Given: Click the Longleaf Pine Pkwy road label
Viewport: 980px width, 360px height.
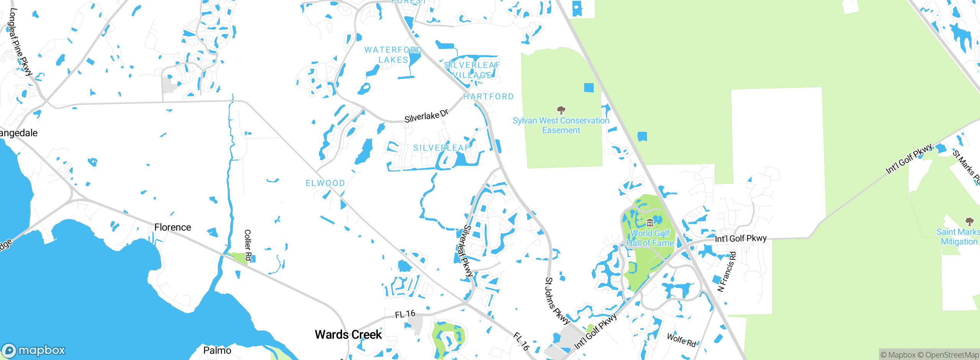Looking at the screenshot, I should tap(20, 42).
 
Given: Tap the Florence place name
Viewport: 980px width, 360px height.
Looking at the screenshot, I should tap(173, 227).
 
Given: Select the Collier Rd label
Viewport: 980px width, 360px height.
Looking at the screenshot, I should tap(248, 245).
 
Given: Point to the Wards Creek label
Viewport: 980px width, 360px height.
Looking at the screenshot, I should tap(348, 334).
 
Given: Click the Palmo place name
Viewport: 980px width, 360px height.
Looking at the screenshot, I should tap(217, 350).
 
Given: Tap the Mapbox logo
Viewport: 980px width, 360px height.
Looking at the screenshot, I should tap(34, 350).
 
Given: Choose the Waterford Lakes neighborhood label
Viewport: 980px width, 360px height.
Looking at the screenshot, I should tap(393, 55).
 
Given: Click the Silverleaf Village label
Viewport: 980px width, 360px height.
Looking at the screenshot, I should tap(472, 70).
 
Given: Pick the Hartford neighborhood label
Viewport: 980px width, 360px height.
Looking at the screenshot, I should tap(488, 97).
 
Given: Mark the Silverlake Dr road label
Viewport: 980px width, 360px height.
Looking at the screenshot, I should tap(426, 116).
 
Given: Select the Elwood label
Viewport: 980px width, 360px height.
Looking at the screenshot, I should tap(325, 183).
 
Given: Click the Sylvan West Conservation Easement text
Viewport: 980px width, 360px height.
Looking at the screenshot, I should tap(561, 125).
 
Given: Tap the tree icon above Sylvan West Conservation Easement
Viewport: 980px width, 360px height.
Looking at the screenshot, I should tap(561, 110).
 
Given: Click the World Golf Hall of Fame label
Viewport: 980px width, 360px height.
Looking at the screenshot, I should tap(650, 238).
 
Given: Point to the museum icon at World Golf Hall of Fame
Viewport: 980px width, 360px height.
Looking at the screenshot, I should tap(650, 223).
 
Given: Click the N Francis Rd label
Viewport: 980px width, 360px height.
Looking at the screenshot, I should tap(726, 272).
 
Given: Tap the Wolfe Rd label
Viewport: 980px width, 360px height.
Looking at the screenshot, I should tap(681, 340).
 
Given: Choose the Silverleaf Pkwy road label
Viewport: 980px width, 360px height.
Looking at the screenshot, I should tap(468, 251).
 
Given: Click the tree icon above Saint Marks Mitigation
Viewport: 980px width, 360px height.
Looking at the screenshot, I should tap(969, 221).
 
